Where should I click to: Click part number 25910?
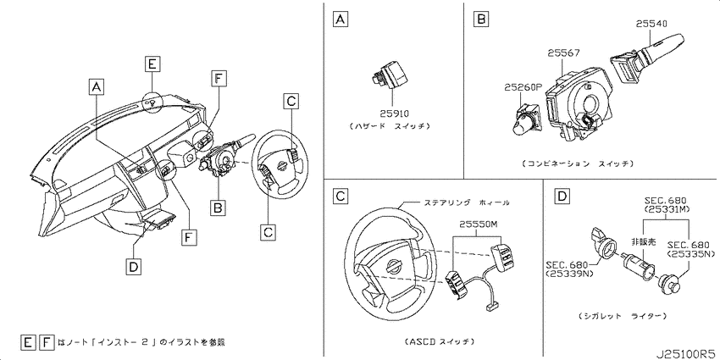point(394,113)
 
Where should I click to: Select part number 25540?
point(651,22)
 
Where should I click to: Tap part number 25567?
point(563,53)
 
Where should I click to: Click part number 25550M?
point(477,224)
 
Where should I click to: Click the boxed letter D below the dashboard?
point(133,266)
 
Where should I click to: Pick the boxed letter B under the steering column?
point(218,209)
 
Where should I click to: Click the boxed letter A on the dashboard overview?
point(95,86)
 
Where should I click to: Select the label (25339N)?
point(568,274)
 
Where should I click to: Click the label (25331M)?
point(665,209)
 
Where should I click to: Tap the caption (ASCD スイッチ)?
point(440,341)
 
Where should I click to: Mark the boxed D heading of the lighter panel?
point(562,197)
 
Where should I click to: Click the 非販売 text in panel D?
point(642,241)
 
